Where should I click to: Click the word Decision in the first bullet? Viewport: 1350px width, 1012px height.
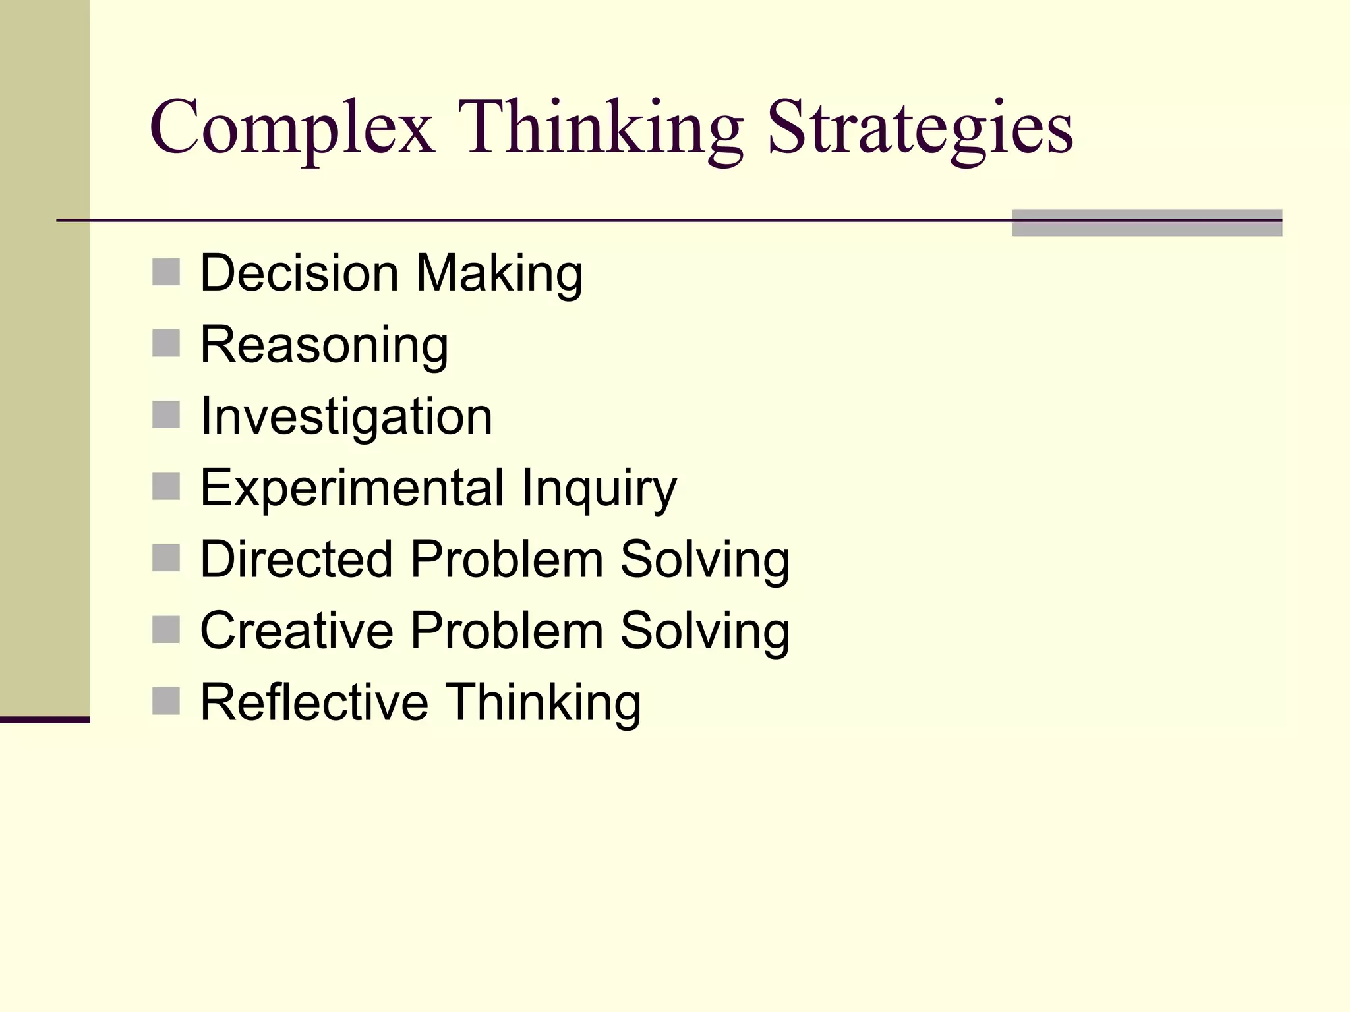click(299, 273)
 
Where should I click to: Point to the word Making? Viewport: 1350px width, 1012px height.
click(499, 274)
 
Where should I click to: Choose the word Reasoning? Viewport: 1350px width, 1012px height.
click(324, 346)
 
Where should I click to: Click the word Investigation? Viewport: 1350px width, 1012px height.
click(346, 417)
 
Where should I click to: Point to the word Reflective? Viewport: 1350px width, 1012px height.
click(314, 702)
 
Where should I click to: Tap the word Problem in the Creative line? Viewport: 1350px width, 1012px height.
click(507, 631)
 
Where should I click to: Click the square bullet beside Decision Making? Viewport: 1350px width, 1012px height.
click(166, 272)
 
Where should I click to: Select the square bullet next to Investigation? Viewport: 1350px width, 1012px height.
click(166, 415)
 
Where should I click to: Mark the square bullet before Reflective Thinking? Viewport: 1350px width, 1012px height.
click(166, 701)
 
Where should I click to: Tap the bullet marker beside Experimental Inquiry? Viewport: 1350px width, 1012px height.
click(166, 487)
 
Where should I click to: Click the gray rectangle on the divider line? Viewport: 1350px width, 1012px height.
click(1146, 223)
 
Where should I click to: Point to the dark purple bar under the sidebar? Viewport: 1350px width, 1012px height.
click(44, 719)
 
